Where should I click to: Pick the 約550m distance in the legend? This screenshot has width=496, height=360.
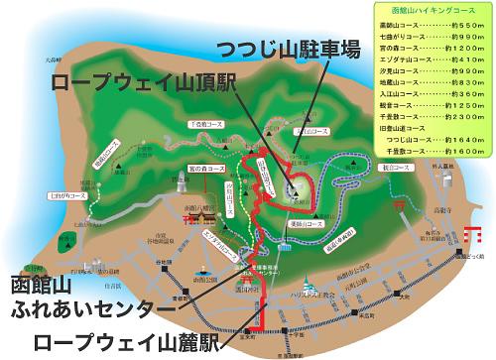465,24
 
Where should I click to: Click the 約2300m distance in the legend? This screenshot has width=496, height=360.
463,117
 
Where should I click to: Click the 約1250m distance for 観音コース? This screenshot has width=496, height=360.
463,105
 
